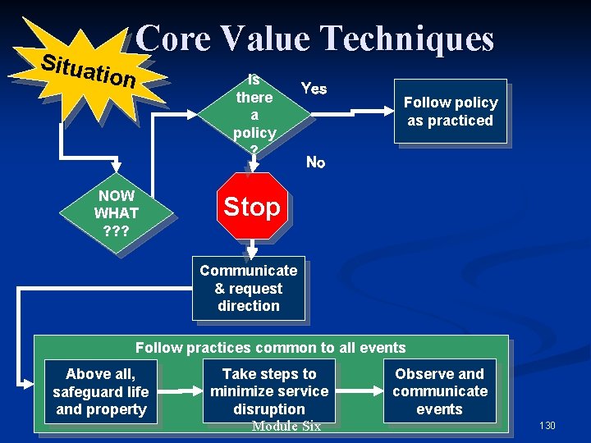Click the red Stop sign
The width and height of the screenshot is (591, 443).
pyautogui.click(x=252, y=207)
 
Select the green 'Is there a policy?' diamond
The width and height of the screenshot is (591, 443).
pyautogui.click(x=254, y=114)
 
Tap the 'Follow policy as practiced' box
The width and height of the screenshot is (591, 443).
pyautogui.click(x=450, y=112)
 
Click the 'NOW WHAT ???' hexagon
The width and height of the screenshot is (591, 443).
pyautogui.click(x=117, y=213)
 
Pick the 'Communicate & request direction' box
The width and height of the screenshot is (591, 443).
pyautogui.click(x=249, y=288)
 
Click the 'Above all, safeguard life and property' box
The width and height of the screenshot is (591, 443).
pyautogui.click(x=100, y=391)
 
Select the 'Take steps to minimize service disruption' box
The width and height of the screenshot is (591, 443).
pyautogui.click(x=269, y=390)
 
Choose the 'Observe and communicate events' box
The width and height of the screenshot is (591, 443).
pyautogui.click(x=439, y=390)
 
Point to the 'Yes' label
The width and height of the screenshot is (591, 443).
pyautogui.click(x=314, y=89)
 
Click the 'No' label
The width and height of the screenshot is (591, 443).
pyautogui.click(x=315, y=162)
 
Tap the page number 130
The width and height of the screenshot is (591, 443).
pyautogui.click(x=547, y=426)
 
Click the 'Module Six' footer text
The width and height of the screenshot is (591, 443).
pyautogui.click(x=286, y=426)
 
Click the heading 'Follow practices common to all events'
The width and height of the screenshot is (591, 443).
pyautogui.click(x=270, y=348)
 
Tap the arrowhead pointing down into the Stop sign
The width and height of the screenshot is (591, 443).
pyautogui.click(x=254, y=168)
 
